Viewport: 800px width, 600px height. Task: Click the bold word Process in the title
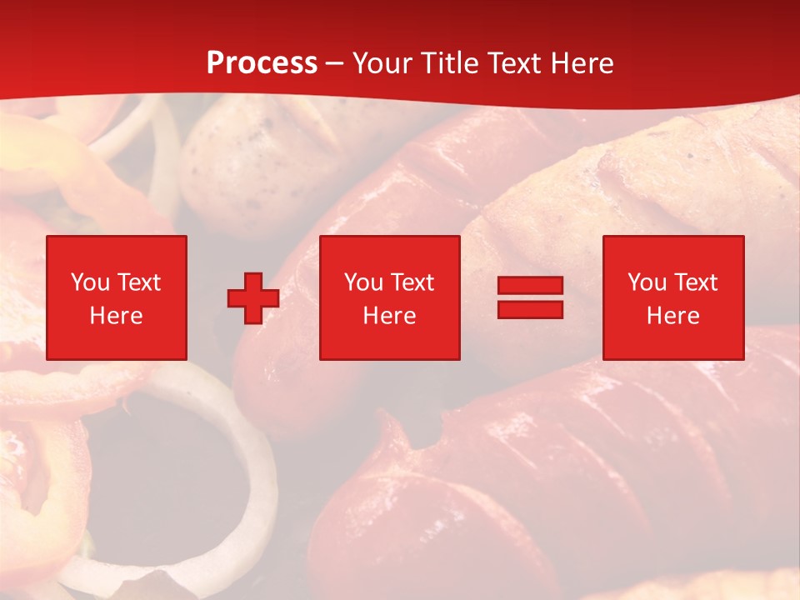(x=262, y=63)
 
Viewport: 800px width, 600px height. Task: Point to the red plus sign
(x=253, y=298)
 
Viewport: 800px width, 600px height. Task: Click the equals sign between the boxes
(x=530, y=297)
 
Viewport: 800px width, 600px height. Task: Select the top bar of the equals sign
(x=530, y=286)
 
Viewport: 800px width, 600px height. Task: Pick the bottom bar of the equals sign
(x=530, y=309)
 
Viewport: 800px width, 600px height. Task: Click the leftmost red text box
(x=116, y=297)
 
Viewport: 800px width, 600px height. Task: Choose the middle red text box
(x=389, y=297)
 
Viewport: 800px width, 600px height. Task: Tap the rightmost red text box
(x=672, y=297)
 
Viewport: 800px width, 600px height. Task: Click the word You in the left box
(x=90, y=282)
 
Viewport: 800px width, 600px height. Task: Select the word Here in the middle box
(x=389, y=316)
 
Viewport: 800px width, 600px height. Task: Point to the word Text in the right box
(x=695, y=282)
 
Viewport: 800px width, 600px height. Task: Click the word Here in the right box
(x=672, y=316)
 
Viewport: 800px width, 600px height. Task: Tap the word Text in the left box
(x=138, y=282)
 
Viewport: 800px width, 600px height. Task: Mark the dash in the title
(x=335, y=64)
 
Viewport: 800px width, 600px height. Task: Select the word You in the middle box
(x=363, y=282)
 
